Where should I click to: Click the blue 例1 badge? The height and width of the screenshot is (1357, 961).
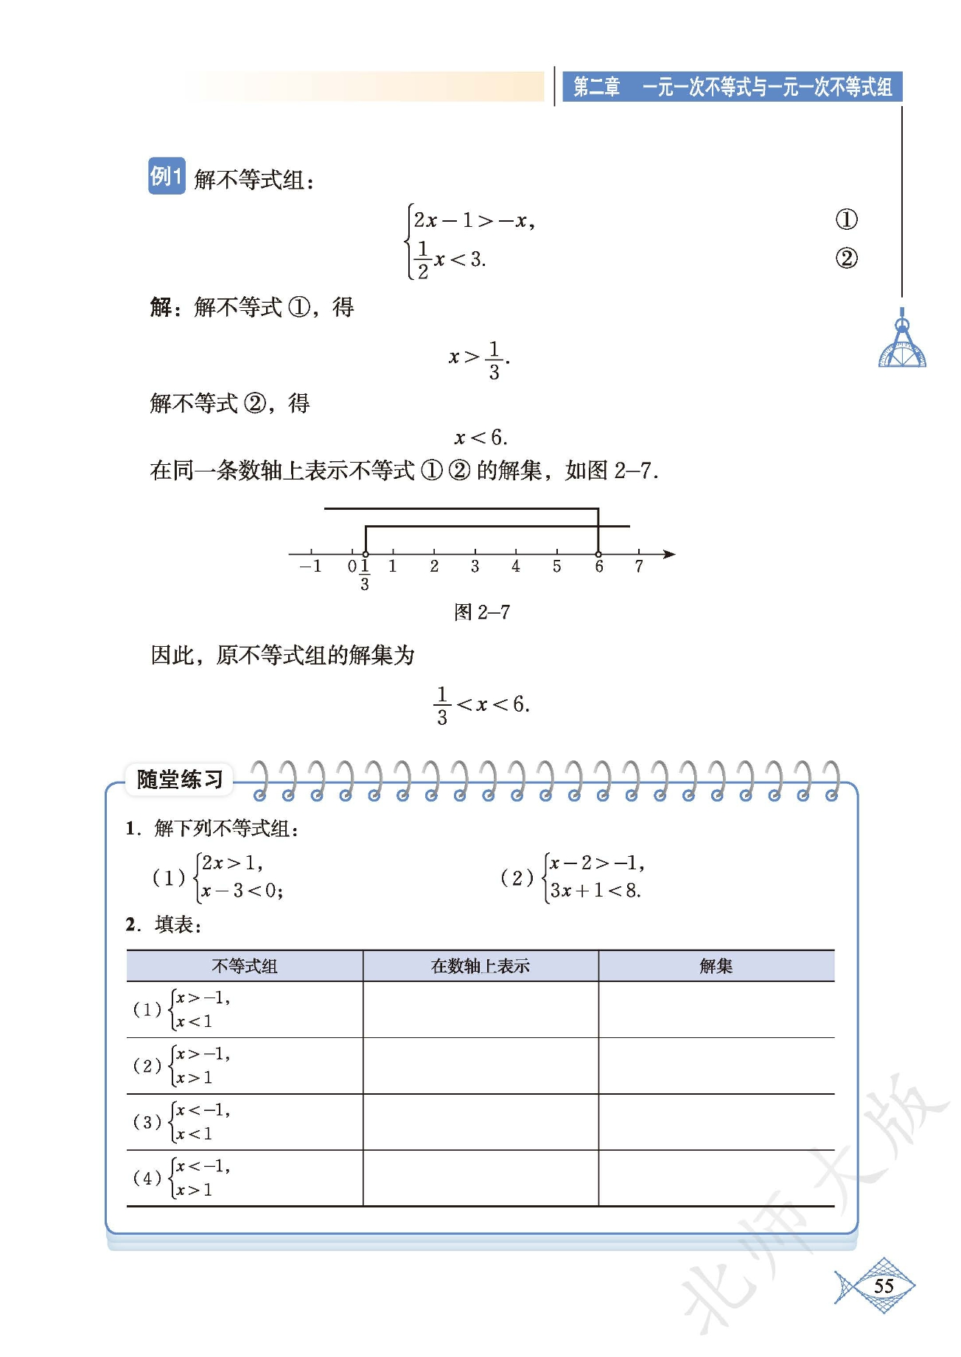point(167,176)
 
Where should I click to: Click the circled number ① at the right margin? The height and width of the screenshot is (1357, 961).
point(846,220)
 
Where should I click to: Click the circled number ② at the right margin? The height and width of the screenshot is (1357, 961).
point(846,259)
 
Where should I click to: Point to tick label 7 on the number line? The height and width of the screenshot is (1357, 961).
point(639,567)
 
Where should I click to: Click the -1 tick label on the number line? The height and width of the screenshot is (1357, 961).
point(310,567)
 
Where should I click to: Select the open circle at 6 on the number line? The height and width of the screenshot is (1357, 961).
point(598,554)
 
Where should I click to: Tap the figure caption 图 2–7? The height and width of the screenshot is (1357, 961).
point(482,612)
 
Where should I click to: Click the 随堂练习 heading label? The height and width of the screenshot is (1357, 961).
point(180,779)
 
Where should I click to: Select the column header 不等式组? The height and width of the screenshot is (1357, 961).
point(245,966)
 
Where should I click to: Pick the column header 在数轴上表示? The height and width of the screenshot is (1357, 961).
point(480,966)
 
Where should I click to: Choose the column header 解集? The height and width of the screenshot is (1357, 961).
point(716,966)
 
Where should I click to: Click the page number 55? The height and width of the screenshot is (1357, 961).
point(884,1286)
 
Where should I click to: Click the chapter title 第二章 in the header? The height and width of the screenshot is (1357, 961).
point(597,87)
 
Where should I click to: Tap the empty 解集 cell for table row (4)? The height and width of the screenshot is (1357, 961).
point(716,1178)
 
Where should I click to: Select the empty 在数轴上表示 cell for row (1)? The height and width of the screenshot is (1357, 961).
point(480,1009)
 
